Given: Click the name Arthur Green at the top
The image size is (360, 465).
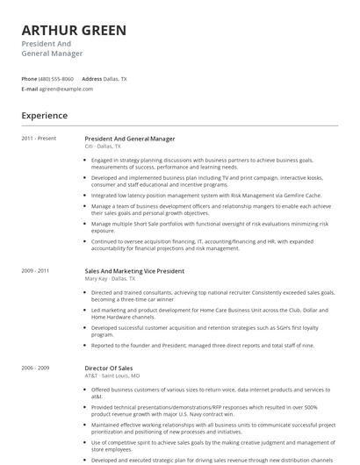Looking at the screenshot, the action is (x=74, y=31).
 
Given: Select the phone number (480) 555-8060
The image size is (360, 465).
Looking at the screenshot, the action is (x=56, y=79).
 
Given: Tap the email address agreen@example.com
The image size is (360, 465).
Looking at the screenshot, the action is (x=66, y=89).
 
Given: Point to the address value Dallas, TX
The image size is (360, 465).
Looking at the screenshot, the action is (x=115, y=79).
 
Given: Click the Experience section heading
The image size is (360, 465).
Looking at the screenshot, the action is (x=45, y=115).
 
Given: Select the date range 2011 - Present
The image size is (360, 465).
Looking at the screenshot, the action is (x=39, y=139).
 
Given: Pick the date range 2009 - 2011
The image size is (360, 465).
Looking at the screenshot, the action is (x=36, y=272).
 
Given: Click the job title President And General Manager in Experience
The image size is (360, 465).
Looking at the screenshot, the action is (x=130, y=139).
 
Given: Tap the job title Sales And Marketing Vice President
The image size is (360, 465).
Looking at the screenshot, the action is (x=134, y=272).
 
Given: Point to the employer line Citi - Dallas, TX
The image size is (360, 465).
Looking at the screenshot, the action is (x=104, y=147).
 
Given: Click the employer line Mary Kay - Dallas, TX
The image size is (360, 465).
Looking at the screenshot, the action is (x=111, y=280).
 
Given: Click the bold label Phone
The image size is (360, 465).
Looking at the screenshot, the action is (x=29, y=79).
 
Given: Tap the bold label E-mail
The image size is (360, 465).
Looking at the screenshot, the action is (x=30, y=89).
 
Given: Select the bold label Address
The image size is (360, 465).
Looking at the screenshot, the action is (x=91, y=79).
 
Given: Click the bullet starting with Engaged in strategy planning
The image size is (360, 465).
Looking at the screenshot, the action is (x=202, y=164).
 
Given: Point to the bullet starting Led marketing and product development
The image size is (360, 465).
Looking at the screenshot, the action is (x=202, y=312).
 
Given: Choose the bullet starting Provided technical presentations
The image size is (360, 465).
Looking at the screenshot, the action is (x=202, y=410).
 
